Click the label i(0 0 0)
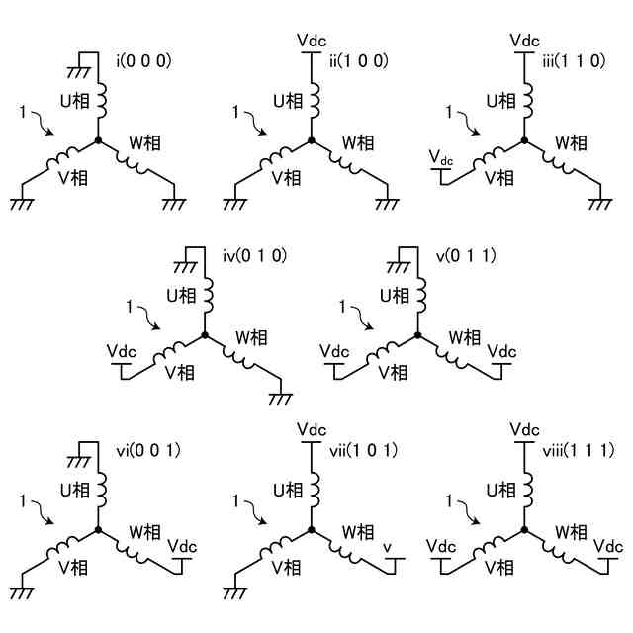click(144, 60)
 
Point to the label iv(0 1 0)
click(254, 256)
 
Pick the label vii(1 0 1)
click(363, 451)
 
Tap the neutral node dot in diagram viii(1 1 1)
click(523, 532)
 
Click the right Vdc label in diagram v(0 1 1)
click(502, 351)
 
